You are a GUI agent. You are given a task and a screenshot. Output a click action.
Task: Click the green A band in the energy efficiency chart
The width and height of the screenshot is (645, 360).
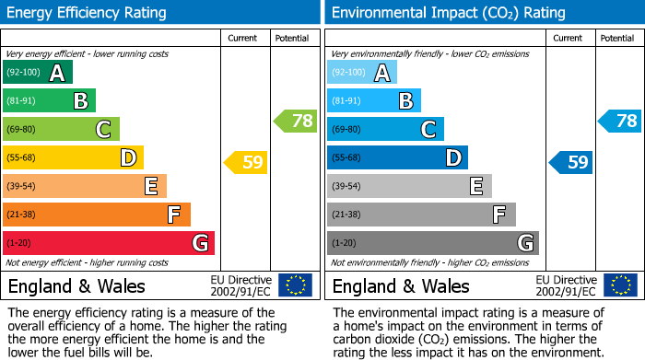pyautogui.click(x=37, y=73)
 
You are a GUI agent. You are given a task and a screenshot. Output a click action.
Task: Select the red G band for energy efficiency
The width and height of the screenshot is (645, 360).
pyautogui.click(x=108, y=243)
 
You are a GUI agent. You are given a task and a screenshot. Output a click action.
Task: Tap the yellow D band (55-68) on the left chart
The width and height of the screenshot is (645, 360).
pyautogui.click(x=73, y=157)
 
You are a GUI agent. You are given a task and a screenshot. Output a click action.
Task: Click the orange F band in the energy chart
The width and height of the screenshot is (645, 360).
pyautogui.click(x=96, y=215)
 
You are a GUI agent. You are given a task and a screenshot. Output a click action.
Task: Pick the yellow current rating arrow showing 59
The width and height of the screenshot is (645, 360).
pyautogui.click(x=246, y=163)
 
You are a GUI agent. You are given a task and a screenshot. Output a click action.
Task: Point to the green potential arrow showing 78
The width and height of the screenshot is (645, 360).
pyautogui.click(x=296, y=121)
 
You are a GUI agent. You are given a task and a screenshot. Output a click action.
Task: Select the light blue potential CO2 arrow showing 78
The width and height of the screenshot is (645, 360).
pyautogui.click(x=620, y=121)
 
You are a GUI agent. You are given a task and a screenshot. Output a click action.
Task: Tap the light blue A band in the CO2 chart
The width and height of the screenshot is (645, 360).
pyautogui.click(x=362, y=73)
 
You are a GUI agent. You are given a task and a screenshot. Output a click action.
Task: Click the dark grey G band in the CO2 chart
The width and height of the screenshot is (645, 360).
pyautogui.click(x=432, y=243)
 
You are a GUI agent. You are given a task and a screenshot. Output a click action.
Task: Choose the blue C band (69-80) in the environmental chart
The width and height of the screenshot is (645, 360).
pyautogui.click(x=385, y=129)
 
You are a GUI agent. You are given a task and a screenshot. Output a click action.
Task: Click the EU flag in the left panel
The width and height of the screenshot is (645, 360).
pyautogui.click(x=295, y=285)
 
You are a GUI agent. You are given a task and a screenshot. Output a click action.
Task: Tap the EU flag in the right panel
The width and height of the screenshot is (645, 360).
pyautogui.click(x=619, y=285)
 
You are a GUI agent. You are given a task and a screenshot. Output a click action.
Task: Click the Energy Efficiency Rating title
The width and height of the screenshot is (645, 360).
pyautogui.click(x=88, y=13)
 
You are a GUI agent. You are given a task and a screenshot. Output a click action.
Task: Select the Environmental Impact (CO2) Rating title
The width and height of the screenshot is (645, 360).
pyautogui.click(x=448, y=13)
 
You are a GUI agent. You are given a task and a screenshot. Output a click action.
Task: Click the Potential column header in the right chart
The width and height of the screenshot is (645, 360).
pyautogui.click(x=617, y=38)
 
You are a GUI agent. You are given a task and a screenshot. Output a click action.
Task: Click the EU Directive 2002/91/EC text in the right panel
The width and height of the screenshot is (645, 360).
pyautogui.click(x=566, y=285)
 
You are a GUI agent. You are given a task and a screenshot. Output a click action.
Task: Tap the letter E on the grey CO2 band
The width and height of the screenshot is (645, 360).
pyautogui.click(x=476, y=186)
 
